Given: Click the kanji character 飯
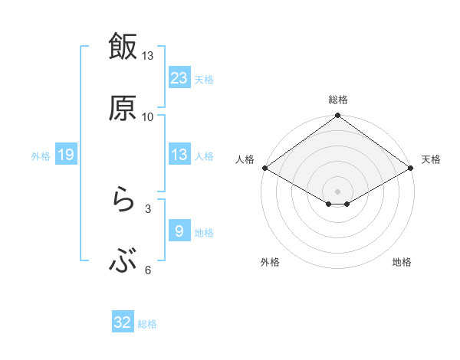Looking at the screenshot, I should (x=123, y=47).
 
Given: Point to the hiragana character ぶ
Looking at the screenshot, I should (x=123, y=262).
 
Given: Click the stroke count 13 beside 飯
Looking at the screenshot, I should (x=147, y=56).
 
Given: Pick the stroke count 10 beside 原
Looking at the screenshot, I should (x=147, y=116).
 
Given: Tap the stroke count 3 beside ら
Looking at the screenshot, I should (x=148, y=208).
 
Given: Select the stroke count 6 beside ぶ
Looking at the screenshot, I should (x=148, y=270).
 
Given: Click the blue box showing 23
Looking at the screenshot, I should (x=179, y=77).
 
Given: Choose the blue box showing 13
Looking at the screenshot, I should (x=179, y=155).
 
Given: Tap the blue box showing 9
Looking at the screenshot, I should (x=179, y=231).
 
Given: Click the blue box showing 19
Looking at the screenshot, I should (x=66, y=155).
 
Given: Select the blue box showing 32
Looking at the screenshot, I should (x=123, y=322).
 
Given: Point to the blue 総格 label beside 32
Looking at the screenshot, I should (x=147, y=324).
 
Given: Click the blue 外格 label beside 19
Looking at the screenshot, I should (x=41, y=156).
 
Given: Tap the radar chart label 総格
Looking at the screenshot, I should (x=338, y=100).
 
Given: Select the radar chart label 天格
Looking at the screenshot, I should (x=431, y=159).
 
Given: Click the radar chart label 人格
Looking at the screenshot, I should (x=245, y=159).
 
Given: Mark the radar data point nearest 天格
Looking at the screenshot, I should (x=411, y=168).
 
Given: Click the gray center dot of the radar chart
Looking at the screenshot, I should (x=338, y=191).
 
